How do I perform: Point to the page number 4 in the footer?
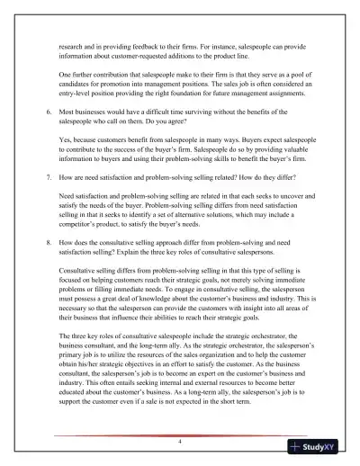(x=180, y=442)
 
